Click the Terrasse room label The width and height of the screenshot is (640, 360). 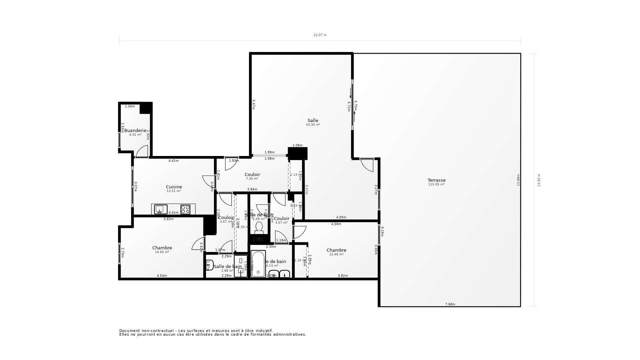(x=436, y=180)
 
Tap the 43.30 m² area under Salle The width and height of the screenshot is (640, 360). (x=313, y=125)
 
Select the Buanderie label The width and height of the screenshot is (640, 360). (x=135, y=130)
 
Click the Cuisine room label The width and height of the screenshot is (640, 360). (x=174, y=187)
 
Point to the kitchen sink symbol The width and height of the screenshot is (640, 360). (x=161, y=209)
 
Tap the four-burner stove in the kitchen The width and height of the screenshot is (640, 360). (x=185, y=209)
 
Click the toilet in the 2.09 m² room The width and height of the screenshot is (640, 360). (x=259, y=228)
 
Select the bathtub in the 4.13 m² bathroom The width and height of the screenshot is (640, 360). (x=258, y=264)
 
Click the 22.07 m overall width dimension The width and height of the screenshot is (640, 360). (x=320, y=35)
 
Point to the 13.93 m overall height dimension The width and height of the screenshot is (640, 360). (x=539, y=180)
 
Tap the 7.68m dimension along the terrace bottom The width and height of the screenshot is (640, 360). (x=450, y=304)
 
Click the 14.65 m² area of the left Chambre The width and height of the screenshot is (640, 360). (x=162, y=252)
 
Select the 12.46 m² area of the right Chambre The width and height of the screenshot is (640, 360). (x=336, y=254)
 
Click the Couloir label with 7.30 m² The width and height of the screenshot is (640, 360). (x=252, y=175)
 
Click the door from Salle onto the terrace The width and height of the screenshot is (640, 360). (x=367, y=165)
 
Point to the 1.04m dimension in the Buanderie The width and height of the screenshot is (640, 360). (x=130, y=106)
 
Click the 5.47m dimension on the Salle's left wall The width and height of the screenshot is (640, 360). (x=254, y=105)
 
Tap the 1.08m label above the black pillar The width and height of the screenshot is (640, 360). (x=297, y=145)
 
